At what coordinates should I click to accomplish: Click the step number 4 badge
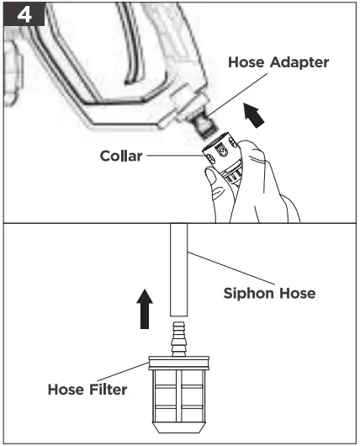pos(24,14)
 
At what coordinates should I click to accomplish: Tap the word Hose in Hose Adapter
pos(246,62)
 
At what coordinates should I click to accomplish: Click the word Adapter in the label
pos(299,63)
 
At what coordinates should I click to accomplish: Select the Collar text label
pos(121,156)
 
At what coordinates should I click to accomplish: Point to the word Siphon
pos(249,294)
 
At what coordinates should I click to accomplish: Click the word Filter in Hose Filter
pos(108,390)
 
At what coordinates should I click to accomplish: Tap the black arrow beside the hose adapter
pos(254,115)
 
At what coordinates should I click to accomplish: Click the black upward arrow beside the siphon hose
pos(145,309)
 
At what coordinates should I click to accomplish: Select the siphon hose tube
pos(179,269)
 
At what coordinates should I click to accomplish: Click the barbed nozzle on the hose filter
pos(178,339)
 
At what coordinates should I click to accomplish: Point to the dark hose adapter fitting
pos(204,126)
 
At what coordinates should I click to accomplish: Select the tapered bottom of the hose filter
pos(178,427)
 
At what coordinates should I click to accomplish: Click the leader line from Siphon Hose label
pos(231,268)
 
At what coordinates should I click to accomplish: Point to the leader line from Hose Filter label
pos(123,372)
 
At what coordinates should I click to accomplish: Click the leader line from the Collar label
pos(175,156)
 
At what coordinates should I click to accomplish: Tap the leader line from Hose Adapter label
pos(237,95)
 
